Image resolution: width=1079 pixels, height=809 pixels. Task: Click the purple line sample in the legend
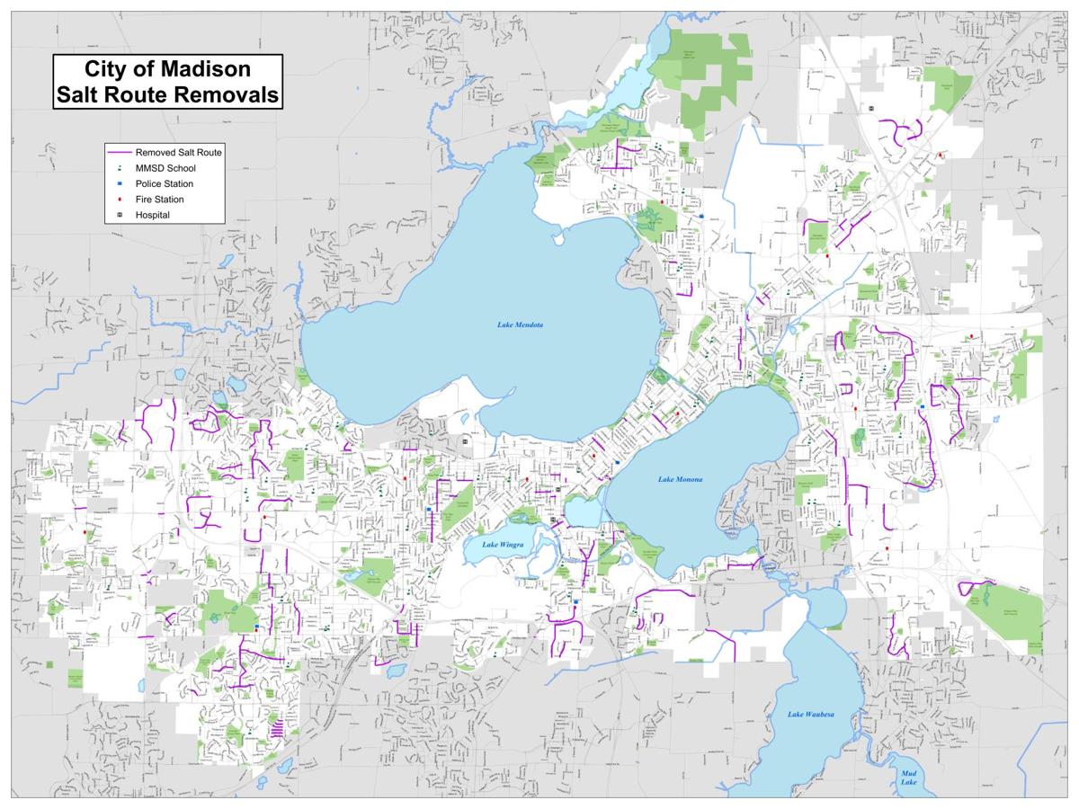[x=119, y=153]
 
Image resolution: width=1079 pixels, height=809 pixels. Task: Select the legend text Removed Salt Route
[x=178, y=153]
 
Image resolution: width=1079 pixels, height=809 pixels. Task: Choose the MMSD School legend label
[x=165, y=168]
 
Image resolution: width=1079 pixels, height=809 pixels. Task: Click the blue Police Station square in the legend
[x=119, y=184]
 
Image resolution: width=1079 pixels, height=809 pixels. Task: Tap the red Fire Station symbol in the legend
[x=119, y=200]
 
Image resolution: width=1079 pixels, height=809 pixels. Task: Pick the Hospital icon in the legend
[x=119, y=215]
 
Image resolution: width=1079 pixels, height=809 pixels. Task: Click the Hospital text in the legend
[x=152, y=215]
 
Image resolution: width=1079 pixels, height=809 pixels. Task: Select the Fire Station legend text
[x=159, y=200]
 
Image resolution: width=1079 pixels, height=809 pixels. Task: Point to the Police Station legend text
[x=164, y=184]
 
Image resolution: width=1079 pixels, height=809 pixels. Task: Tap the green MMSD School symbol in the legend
[x=119, y=168]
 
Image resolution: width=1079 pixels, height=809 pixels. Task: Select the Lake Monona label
[x=680, y=479]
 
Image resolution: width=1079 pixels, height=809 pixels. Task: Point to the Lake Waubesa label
[x=811, y=714]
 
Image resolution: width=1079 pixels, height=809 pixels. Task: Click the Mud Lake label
[x=909, y=778]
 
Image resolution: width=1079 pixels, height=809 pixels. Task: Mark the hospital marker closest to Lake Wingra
[x=553, y=520]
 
